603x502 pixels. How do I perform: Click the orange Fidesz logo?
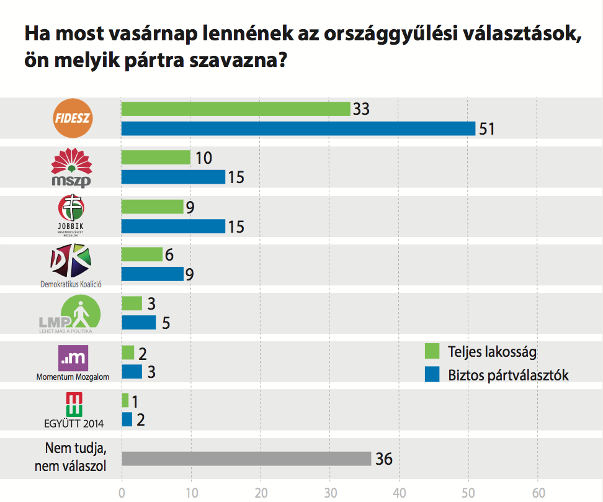[x=73, y=118]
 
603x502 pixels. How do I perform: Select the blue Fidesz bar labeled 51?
[x=298, y=128]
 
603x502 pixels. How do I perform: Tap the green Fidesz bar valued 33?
[x=236, y=109]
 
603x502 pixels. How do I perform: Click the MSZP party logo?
[x=71, y=166]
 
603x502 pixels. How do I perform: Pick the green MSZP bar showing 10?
[x=156, y=158]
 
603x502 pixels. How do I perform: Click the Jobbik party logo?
[x=70, y=214]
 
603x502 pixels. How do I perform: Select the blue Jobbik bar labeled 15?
[x=173, y=226]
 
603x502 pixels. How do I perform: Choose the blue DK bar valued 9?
[x=153, y=274]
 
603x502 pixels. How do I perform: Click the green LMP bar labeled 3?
[x=132, y=303]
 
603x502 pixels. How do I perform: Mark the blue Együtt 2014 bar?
[x=127, y=419]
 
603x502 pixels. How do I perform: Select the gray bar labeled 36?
[x=246, y=459]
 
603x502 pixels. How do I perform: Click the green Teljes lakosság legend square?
[x=432, y=351]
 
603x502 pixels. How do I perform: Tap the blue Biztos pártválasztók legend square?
[x=432, y=374]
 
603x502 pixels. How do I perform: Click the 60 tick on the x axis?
[x=538, y=493]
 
